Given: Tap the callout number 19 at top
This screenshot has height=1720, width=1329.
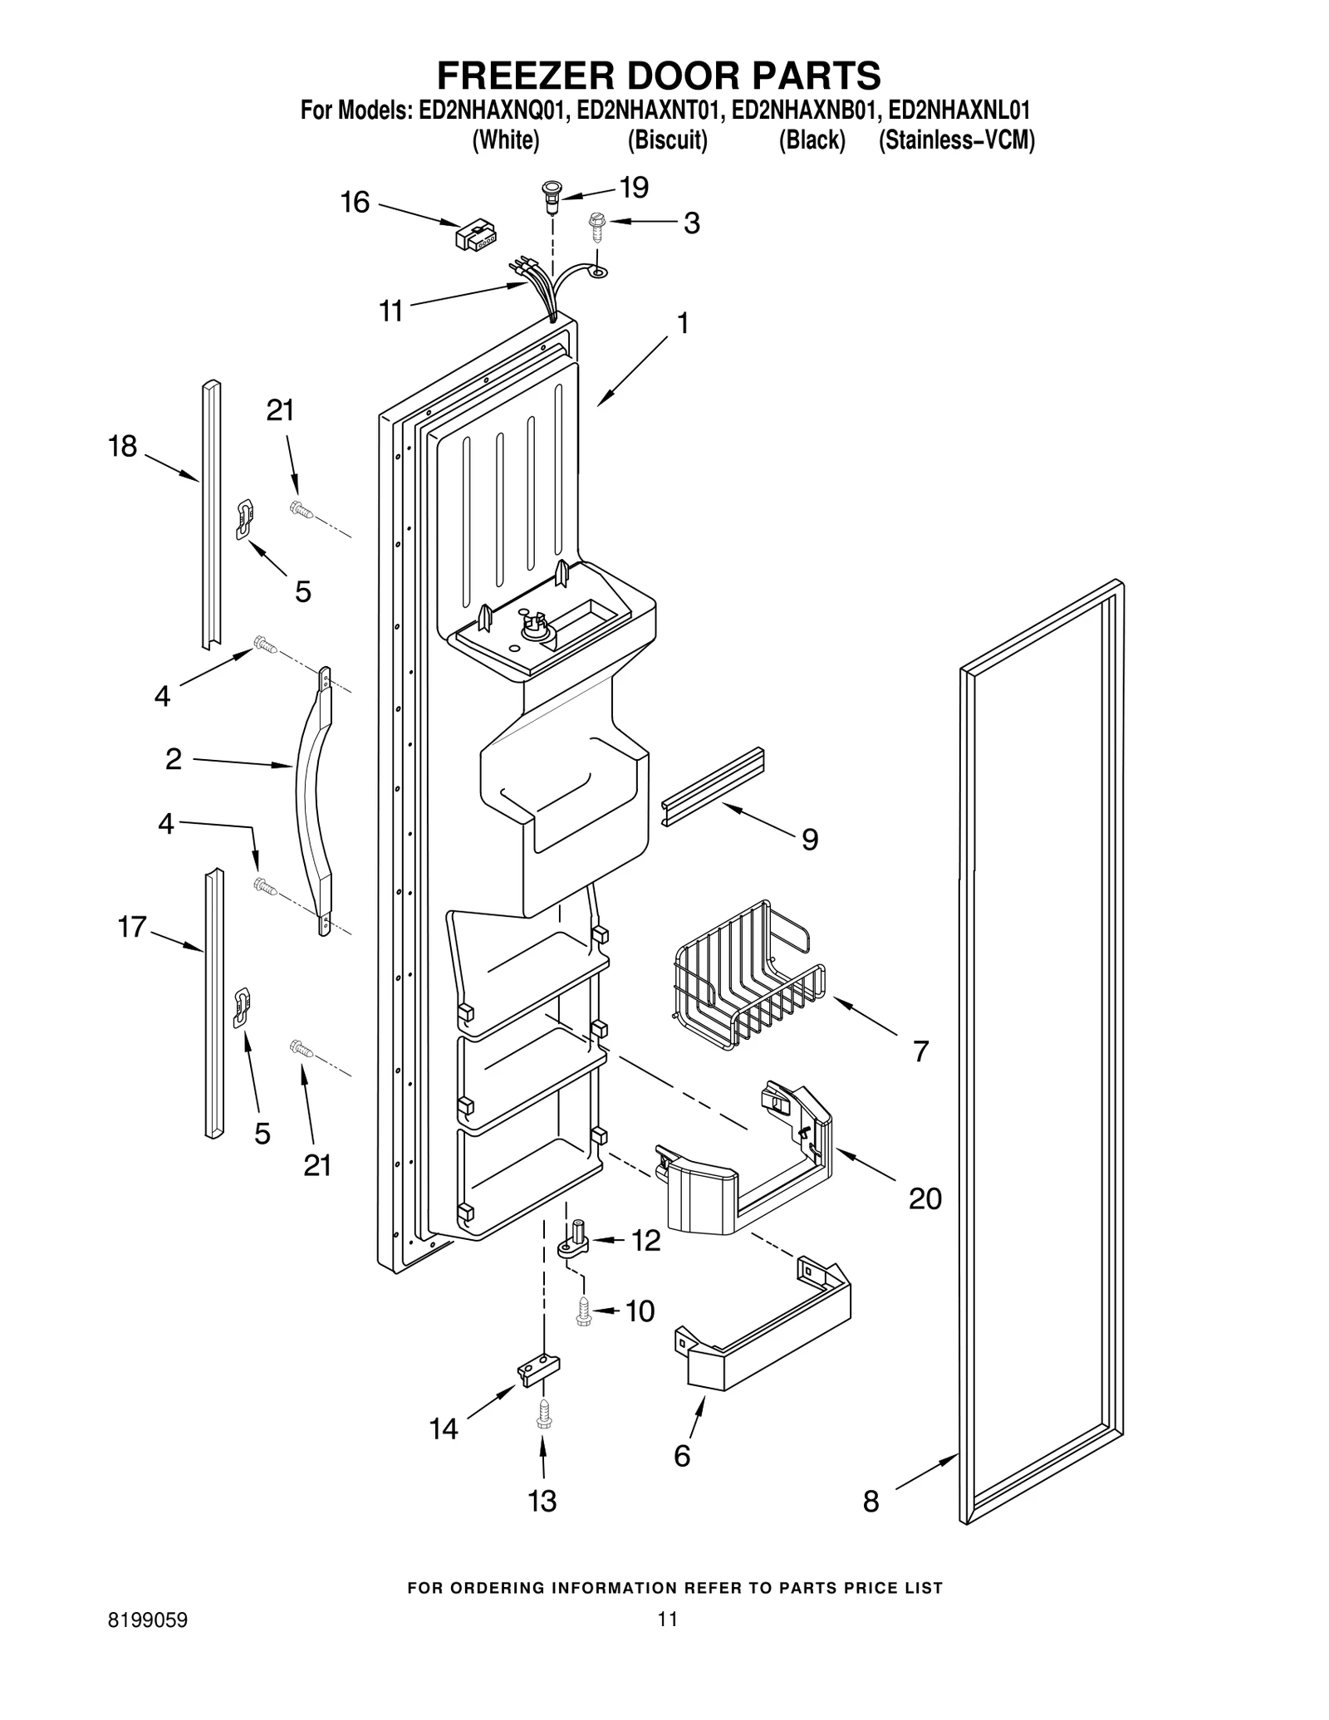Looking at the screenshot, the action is tap(634, 188).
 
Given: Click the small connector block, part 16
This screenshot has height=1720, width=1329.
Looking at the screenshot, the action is tap(476, 235).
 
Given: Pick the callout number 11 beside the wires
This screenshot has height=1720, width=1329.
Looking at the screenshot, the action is tap(390, 311).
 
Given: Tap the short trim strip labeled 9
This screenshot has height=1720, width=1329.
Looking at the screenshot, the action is tap(713, 786).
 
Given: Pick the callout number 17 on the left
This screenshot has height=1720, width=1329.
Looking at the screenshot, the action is tap(132, 927).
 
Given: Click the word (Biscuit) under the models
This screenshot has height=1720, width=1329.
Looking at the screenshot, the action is tap(668, 141).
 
